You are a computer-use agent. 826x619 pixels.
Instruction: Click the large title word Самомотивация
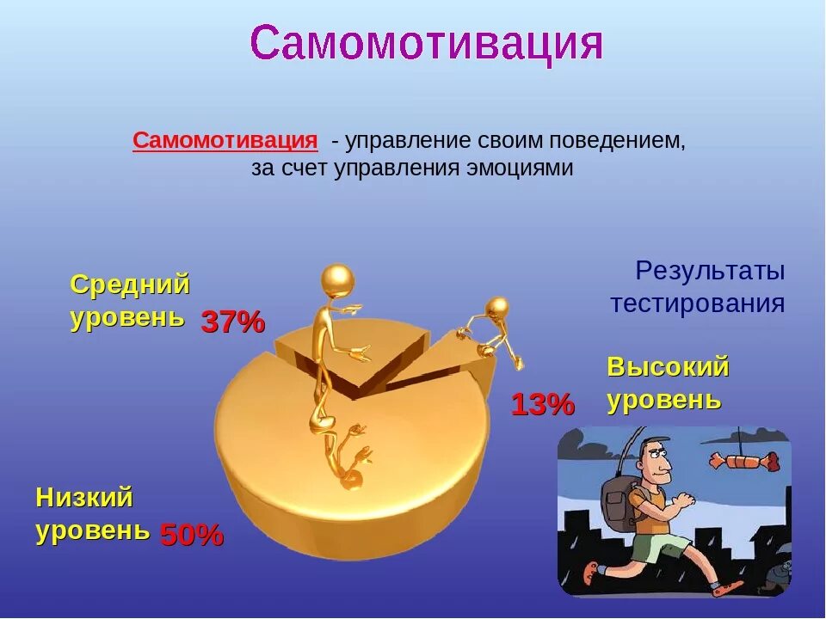[x=426, y=43]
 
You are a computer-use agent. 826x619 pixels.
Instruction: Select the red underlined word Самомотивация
[x=225, y=140]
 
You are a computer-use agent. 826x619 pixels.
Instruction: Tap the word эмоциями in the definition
[x=521, y=168]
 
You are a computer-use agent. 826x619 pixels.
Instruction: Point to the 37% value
[x=233, y=322]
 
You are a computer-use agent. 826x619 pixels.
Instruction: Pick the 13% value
[x=542, y=404]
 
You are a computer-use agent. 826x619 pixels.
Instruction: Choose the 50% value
[x=192, y=536]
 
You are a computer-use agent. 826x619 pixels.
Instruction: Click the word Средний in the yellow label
[x=130, y=285]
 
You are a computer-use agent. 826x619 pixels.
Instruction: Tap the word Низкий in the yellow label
[x=84, y=497]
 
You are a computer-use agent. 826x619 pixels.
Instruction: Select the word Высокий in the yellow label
[x=668, y=367]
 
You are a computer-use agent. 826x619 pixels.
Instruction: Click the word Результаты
[x=710, y=271]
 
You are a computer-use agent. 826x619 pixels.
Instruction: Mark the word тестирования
[x=697, y=303]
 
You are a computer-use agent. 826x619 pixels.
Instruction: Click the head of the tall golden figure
[x=337, y=280]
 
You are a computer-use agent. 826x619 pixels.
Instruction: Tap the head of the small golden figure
[x=496, y=308]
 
